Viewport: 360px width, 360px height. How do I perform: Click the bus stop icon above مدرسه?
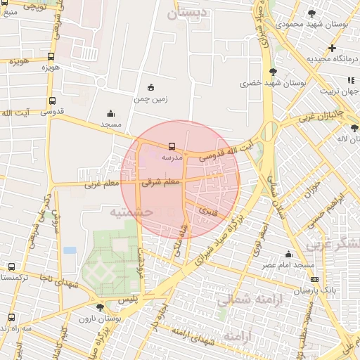(x=172, y=147)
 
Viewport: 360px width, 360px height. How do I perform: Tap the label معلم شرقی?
(x=161, y=181)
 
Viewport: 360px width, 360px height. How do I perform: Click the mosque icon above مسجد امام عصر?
(x=288, y=255)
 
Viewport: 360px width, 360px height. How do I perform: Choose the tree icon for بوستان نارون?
(x=99, y=307)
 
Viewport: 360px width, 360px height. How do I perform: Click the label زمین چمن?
(x=150, y=99)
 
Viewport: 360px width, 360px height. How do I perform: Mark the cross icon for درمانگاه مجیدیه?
(x=332, y=48)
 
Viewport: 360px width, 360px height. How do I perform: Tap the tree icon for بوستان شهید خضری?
(x=273, y=72)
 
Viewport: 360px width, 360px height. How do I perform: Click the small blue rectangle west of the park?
(x=70, y=250)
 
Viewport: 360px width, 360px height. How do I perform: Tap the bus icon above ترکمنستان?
(x=11, y=266)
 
